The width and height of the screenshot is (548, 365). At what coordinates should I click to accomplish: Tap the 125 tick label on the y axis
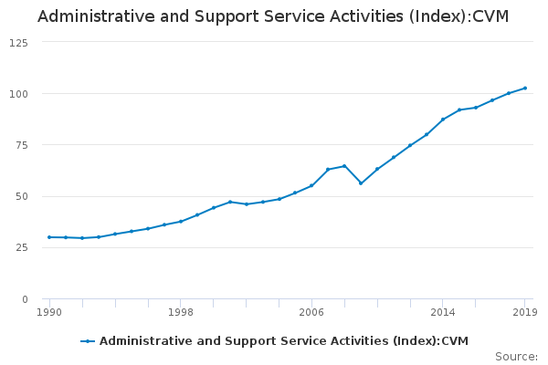coord(18,43)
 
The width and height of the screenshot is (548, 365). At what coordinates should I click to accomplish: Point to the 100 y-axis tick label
coord(18,94)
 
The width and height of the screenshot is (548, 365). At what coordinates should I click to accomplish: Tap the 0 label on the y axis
coord(25,299)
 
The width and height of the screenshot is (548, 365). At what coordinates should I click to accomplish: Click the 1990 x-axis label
coord(49,312)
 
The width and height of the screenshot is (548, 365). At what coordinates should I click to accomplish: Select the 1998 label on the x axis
coord(180,312)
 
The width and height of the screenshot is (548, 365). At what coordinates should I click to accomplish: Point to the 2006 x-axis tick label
coord(311,312)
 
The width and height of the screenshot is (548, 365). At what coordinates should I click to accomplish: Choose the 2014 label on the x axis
coord(442,312)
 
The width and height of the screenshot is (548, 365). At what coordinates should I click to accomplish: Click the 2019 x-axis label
coord(524,312)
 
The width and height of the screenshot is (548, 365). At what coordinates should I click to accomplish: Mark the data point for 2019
coord(524,89)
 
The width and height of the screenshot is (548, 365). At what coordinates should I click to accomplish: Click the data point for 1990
coord(49,237)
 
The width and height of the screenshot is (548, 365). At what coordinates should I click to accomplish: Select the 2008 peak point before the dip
coord(344,166)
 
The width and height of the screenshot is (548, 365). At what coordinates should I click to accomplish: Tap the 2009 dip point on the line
coord(361,183)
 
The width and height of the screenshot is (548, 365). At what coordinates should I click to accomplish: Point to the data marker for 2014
coord(443,120)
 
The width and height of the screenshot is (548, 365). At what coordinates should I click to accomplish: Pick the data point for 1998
coord(181,222)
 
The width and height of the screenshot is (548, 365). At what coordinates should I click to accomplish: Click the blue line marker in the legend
coord(88,341)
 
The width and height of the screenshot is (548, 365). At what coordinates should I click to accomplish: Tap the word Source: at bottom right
coord(516,356)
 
